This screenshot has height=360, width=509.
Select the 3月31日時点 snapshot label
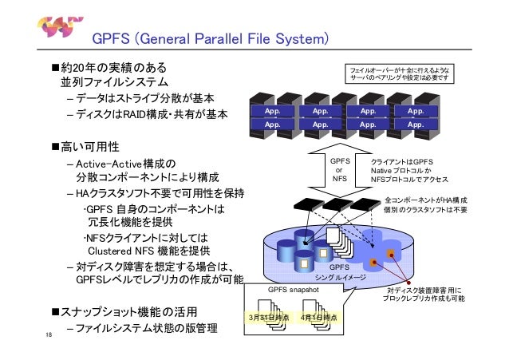click(x=269, y=318)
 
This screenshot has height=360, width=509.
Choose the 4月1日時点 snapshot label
click(x=319, y=318)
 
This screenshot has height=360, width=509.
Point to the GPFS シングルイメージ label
click(x=341, y=273)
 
